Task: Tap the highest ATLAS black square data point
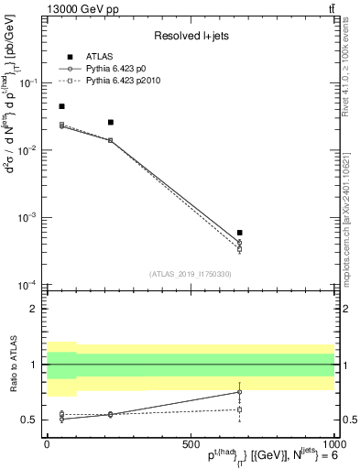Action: [x=61, y=106]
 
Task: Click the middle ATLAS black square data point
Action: [x=111, y=122]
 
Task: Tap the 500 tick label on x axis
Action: [x=190, y=443]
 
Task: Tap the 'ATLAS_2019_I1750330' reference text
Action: [x=190, y=273]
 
